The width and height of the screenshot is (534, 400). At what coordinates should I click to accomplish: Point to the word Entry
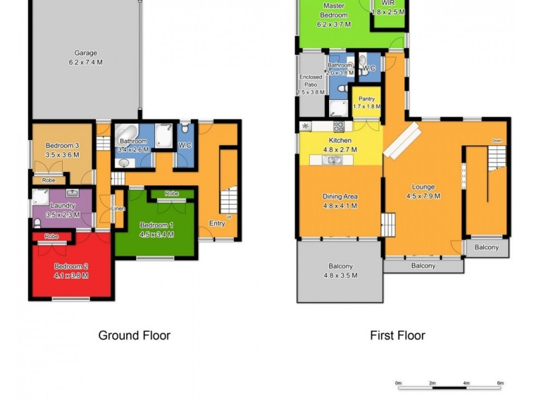217,223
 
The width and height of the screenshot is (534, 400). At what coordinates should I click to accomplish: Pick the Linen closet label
118,209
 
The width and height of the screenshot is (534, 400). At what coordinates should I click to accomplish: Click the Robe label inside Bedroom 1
172,194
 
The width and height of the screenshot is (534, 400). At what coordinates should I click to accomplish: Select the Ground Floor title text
134,335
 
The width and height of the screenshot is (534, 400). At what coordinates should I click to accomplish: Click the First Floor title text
397,335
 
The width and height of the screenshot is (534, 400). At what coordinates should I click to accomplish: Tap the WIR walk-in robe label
388,3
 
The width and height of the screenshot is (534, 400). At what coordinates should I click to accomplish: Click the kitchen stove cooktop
339,126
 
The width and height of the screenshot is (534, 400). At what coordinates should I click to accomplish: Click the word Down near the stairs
497,141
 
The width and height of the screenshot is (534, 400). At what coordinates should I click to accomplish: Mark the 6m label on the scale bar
500,383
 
